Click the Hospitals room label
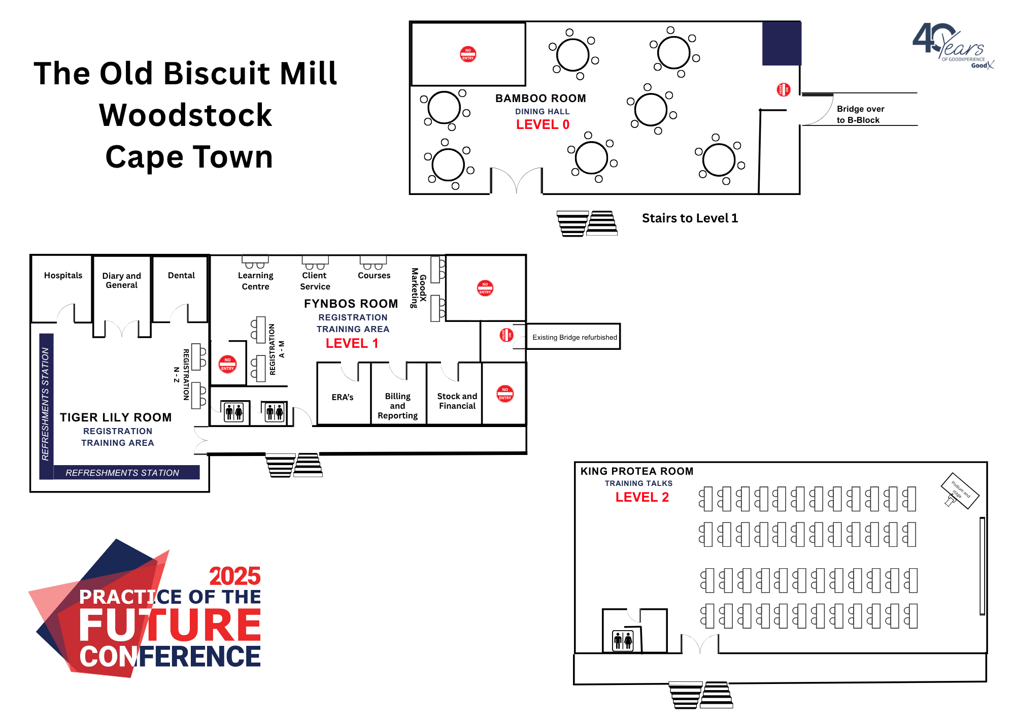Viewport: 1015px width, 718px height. pyautogui.click(x=63, y=275)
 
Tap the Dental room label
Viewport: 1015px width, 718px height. pyautogui.click(x=181, y=275)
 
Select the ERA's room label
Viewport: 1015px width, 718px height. pyautogui.click(x=343, y=397)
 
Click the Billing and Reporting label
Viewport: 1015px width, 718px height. pyautogui.click(x=397, y=406)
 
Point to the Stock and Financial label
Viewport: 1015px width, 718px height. pyautogui.click(x=457, y=401)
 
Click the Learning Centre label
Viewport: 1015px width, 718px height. pyautogui.click(x=255, y=281)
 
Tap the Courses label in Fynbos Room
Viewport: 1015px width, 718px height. pyautogui.click(x=374, y=275)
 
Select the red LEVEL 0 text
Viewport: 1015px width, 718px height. pyautogui.click(x=543, y=124)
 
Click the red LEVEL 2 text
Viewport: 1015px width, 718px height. pyautogui.click(x=642, y=497)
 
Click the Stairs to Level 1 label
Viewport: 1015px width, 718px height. pyautogui.click(x=690, y=218)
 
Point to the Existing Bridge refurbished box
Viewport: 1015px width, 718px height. pyautogui.click(x=574, y=337)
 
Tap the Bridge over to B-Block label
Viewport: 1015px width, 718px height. pyautogui.click(x=860, y=114)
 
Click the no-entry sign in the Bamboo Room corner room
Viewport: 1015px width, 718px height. pyautogui.click(x=468, y=54)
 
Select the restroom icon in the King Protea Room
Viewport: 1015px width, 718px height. pyautogui.click(x=623, y=641)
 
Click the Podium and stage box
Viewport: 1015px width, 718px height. pyautogui.click(x=960, y=491)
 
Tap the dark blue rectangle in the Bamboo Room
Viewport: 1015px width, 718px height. pyautogui.click(x=782, y=44)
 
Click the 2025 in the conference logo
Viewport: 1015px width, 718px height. pyautogui.click(x=234, y=576)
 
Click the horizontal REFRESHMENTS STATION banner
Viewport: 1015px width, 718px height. pyautogui.click(x=122, y=473)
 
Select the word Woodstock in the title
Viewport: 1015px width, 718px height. pyautogui.click(x=185, y=115)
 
